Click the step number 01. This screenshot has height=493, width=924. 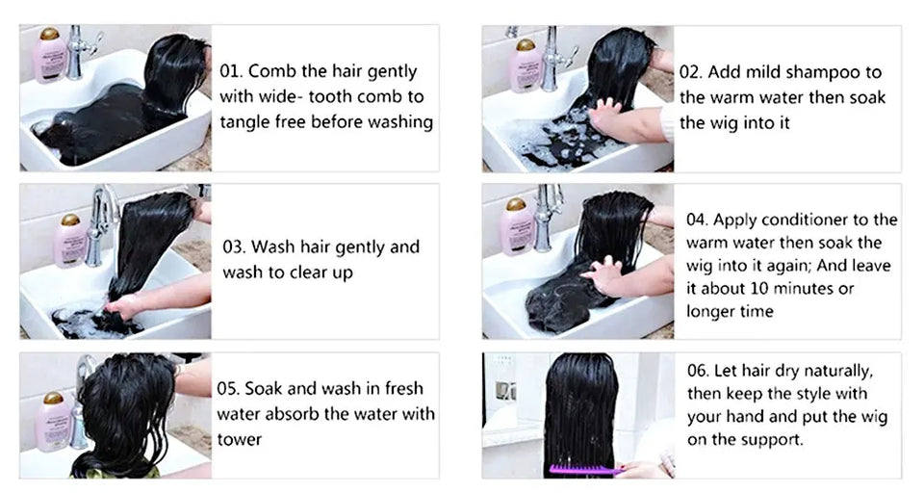[232, 72]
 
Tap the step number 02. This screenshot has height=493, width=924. [691, 72]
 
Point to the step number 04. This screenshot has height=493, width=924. [698, 220]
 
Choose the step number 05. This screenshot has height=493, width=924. [229, 390]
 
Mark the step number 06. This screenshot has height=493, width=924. [699, 371]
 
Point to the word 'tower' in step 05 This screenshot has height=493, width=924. [239, 439]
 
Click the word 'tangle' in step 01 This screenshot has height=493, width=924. [245, 122]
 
